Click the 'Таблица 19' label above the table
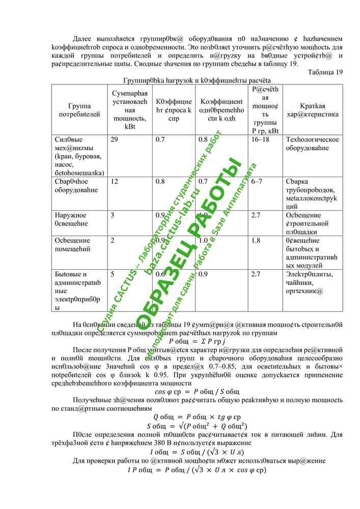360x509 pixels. pos(325,72)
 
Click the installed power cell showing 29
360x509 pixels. pos(115,139)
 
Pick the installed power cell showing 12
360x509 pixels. pos(115,182)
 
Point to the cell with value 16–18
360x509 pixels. pos(260,139)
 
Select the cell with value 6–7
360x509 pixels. pos(257,182)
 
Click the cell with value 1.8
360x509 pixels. pos(256,240)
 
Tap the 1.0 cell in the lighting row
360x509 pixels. pos(203,240)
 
